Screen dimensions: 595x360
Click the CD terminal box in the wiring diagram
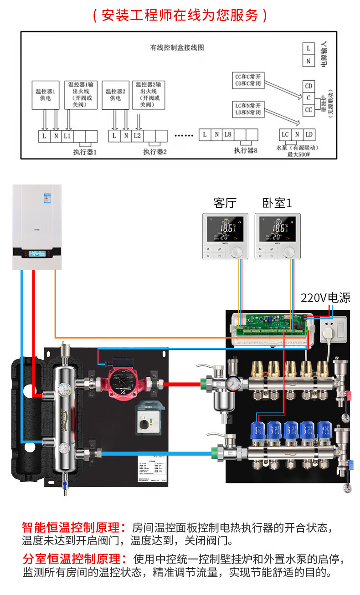(x=309, y=86)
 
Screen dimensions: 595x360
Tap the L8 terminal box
(x=227, y=134)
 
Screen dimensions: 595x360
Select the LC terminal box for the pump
(x=285, y=134)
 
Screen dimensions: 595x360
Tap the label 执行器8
(x=246, y=150)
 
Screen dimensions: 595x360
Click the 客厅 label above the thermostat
(x=225, y=203)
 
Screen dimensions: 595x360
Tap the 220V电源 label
(x=325, y=298)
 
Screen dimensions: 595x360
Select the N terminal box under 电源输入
(x=309, y=61)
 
